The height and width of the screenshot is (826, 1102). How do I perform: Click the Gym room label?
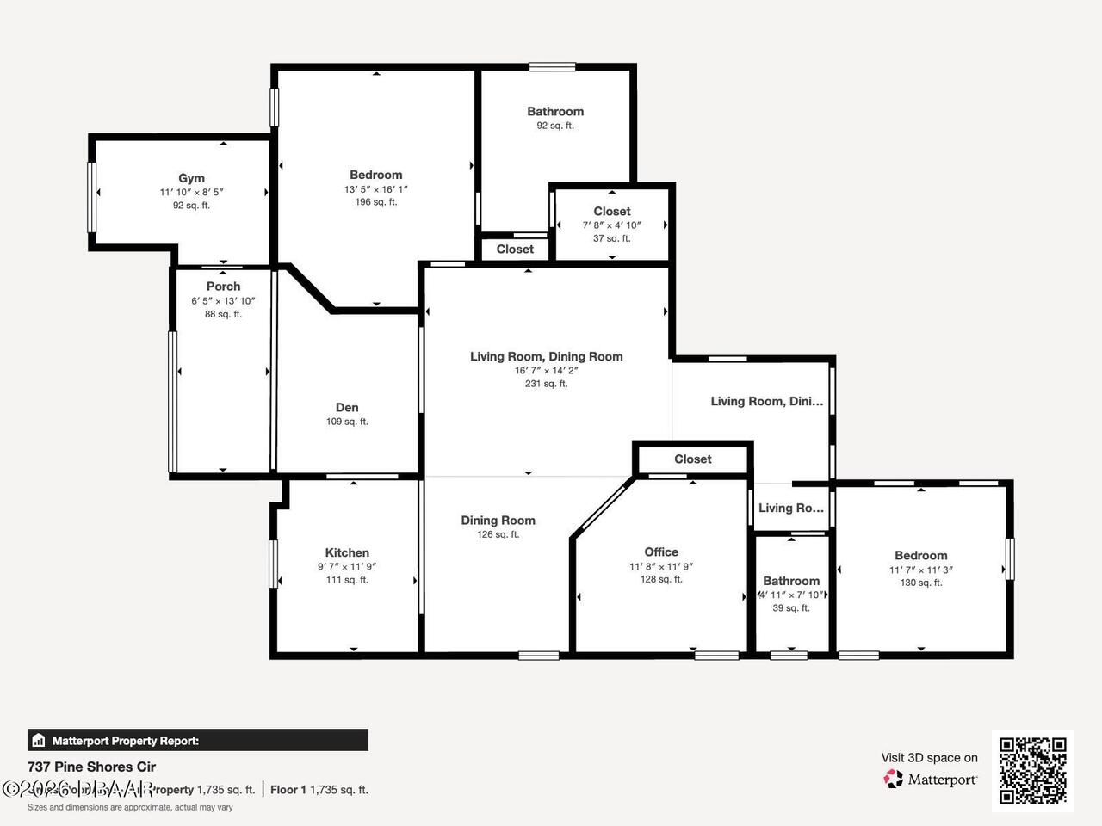click(x=191, y=178)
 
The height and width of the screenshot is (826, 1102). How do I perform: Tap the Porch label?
click(x=223, y=287)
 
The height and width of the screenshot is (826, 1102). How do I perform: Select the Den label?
click(x=347, y=408)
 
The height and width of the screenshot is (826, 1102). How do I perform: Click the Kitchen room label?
click(x=347, y=552)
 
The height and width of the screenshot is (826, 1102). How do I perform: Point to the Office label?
click(x=661, y=552)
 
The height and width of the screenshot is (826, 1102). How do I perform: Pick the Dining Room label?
click(x=498, y=520)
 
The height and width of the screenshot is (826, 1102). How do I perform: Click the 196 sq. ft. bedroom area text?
click(x=376, y=202)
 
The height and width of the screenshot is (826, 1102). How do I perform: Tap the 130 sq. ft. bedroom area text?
click(x=921, y=583)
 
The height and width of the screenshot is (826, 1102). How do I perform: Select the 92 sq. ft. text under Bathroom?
click(x=555, y=126)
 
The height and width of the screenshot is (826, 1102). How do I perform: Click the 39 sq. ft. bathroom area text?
click(x=791, y=608)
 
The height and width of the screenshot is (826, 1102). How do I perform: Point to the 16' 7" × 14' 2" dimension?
click(x=546, y=370)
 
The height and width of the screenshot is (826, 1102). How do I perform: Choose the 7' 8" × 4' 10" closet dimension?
click(x=611, y=225)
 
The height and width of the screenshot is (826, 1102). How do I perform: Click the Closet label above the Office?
click(x=692, y=459)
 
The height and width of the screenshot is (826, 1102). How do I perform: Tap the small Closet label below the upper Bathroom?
click(x=515, y=249)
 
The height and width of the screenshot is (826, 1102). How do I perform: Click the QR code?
click(x=1032, y=770)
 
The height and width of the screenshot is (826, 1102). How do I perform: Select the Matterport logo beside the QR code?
click(x=930, y=779)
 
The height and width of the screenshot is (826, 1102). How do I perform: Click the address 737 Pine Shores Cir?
click(x=92, y=767)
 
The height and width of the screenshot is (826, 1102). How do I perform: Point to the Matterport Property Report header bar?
click(x=198, y=740)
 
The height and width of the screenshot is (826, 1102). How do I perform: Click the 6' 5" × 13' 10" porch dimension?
click(x=223, y=301)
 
